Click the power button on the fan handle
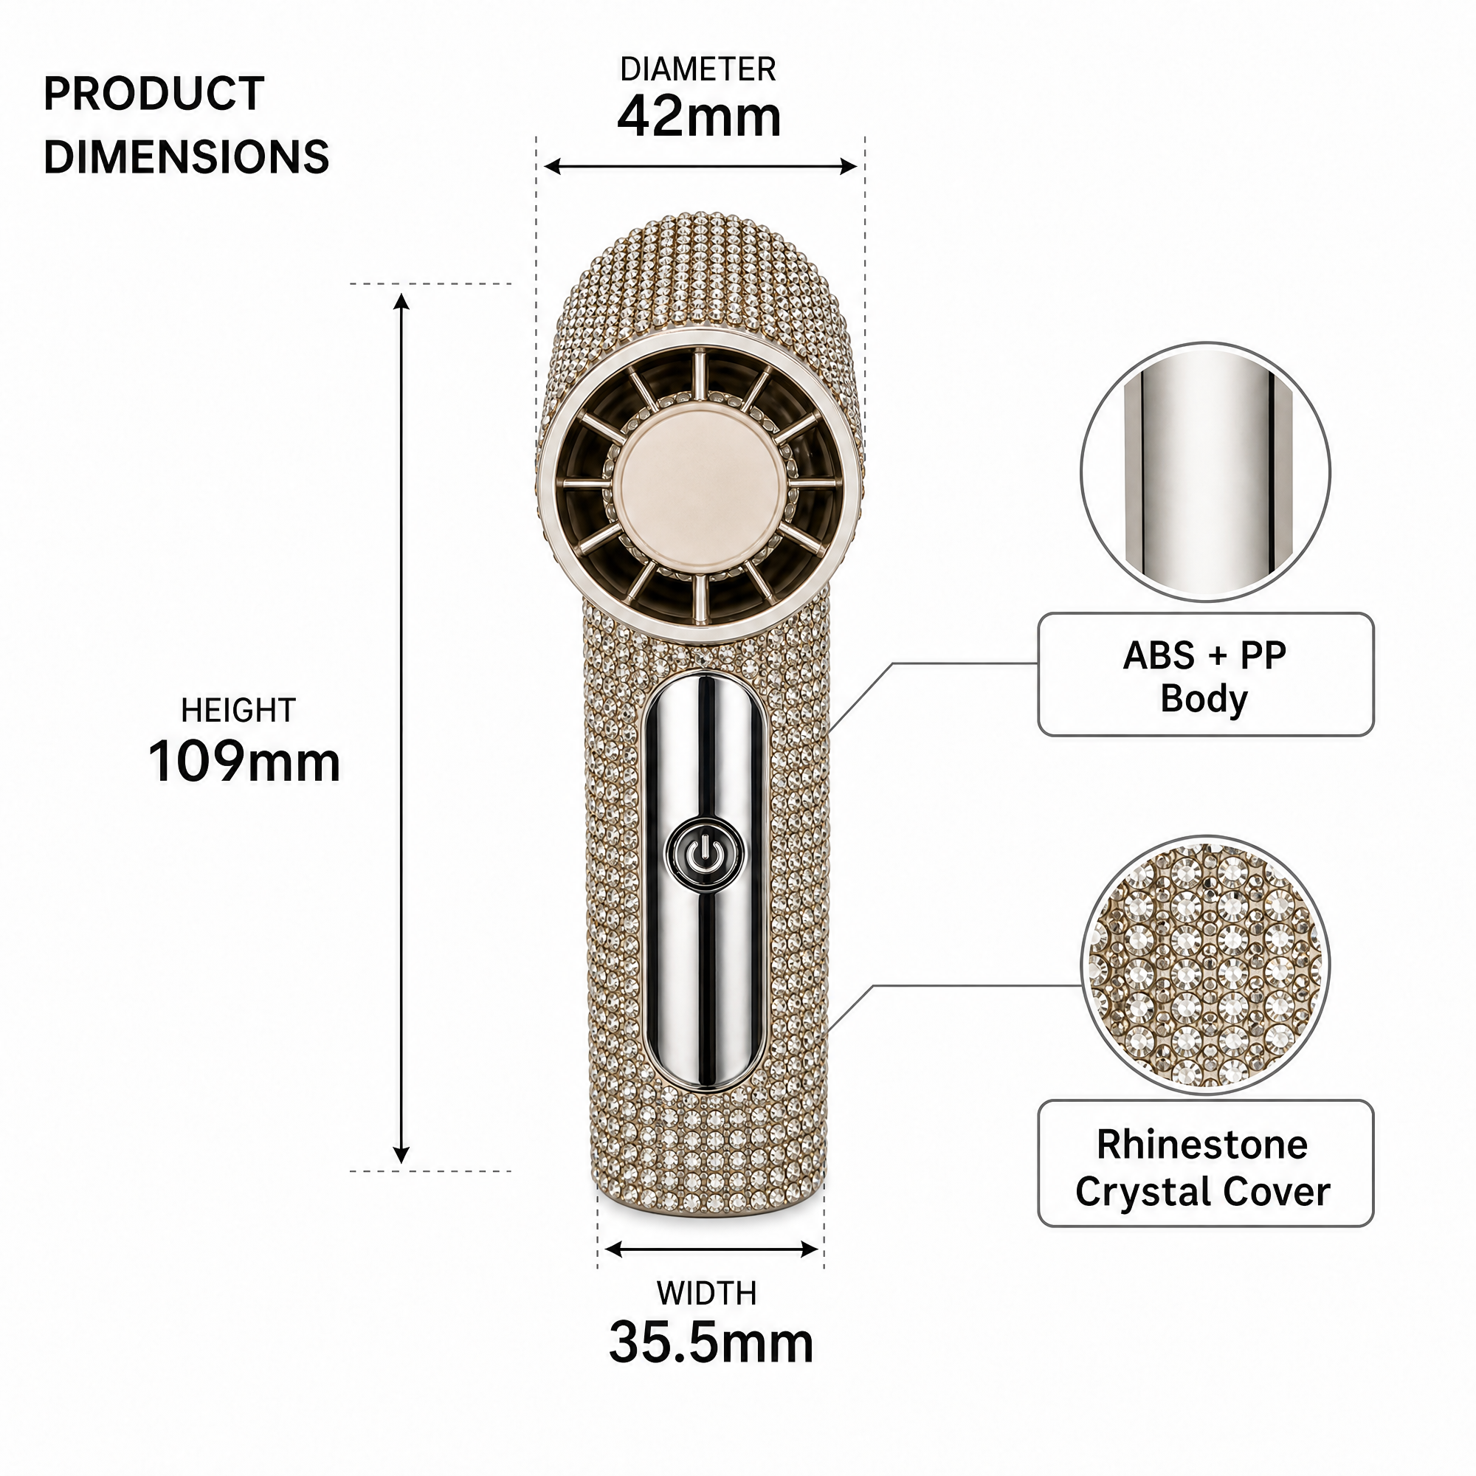coord(704,852)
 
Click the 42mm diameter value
coord(699,117)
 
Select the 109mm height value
coord(244,762)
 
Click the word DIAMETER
coord(698,69)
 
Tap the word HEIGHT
coord(238,711)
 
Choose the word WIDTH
coord(707,1294)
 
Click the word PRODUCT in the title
coord(154,94)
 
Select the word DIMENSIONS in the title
coord(187,156)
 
